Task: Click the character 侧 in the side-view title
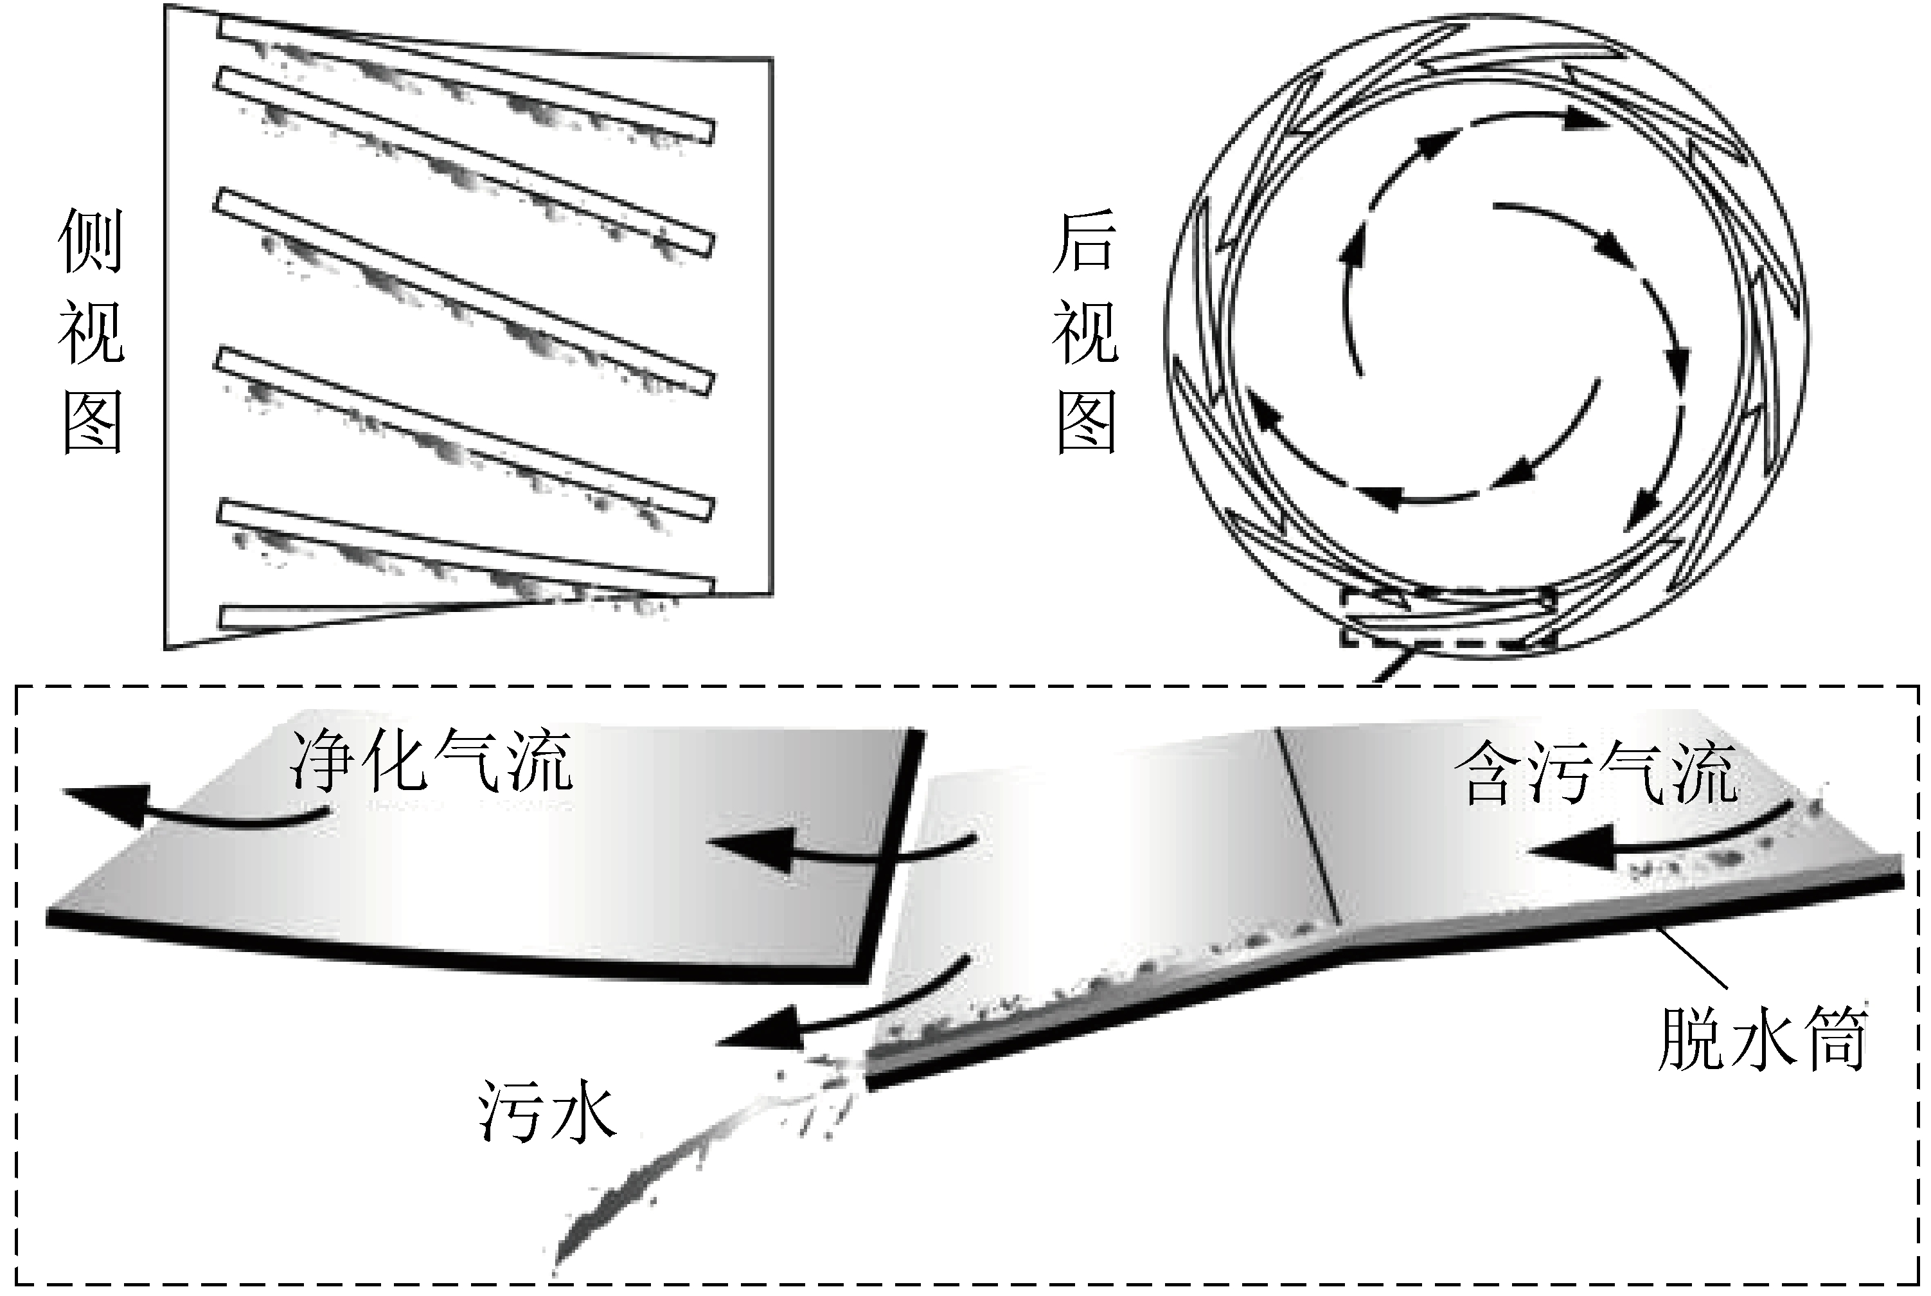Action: (x=91, y=240)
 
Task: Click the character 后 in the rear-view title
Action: (x=1084, y=240)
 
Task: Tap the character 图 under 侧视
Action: (x=93, y=422)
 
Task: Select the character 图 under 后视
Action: (x=1087, y=422)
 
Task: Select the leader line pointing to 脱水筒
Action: (x=1694, y=959)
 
